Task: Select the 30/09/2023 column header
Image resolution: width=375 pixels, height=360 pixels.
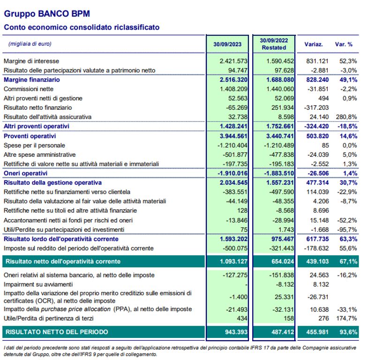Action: pos(227,44)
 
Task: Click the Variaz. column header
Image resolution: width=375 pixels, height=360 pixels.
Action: pos(313,44)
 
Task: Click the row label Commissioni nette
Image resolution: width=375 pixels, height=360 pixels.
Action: pos(29,89)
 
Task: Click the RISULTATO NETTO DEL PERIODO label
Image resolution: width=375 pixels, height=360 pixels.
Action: pos(56,332)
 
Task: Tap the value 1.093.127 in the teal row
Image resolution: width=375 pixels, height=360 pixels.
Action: pos(232,261)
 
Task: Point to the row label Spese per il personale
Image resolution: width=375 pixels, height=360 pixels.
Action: pos(34,146)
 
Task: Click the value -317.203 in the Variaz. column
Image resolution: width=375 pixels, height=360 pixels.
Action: pos(316,107)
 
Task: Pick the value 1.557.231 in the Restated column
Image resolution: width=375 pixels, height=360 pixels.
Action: pos(279,182)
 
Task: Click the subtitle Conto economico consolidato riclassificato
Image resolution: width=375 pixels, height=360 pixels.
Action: pos(82,28)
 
